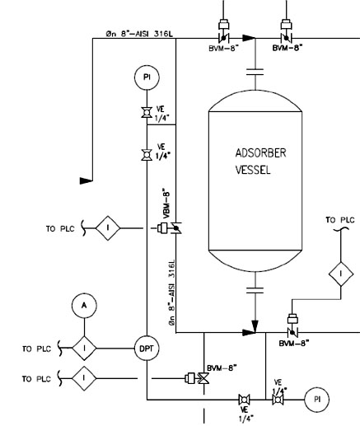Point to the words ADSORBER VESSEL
pos(260,162)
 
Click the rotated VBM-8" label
pos(166,204)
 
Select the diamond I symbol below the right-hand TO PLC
pos(341,274)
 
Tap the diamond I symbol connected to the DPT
pos(84,349)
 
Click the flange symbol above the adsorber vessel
pos(255,72)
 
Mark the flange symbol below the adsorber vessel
pos(255,291)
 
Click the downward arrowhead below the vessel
pos(255,326)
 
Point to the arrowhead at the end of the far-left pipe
pos(86,180)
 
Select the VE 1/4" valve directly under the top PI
pos(147,113)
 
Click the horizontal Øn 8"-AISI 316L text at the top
pos(139,34)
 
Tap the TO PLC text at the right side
pos(340,220)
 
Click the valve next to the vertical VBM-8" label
pos(175,228)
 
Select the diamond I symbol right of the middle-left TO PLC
pos(108,228)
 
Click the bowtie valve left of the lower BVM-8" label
pos(203,378)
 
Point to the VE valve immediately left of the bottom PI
pos(278,400)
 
